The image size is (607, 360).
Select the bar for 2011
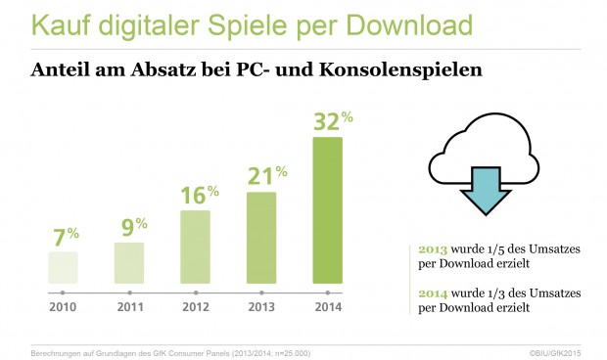pos(129,262)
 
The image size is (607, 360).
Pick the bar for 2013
pos(261,236)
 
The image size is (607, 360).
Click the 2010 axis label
pos(63,306)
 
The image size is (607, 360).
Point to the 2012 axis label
pos(196,306)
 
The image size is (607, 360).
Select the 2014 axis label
pos(328,306)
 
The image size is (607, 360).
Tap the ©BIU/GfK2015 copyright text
pos(555,349)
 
